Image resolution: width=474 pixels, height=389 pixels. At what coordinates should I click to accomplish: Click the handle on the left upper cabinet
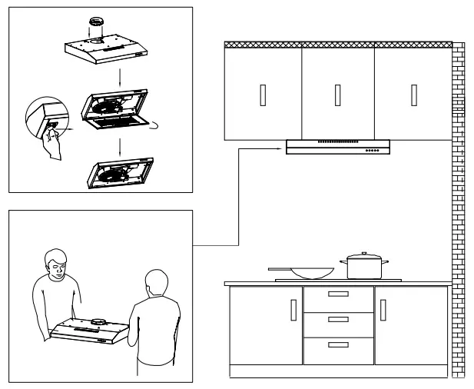tap(263, 93)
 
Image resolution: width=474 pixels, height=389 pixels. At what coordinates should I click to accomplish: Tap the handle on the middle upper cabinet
tap(337, 93)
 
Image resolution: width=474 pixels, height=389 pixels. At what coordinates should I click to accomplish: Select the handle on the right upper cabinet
tap(413, 93)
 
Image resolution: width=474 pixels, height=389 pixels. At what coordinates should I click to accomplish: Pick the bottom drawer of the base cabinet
tap(338, 347)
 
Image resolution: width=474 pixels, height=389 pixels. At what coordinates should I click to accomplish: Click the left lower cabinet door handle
tap(292, 310)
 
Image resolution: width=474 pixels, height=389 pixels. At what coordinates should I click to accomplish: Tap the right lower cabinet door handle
tap(383, 310)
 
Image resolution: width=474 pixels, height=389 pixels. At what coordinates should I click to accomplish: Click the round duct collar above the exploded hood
tap(97, 24)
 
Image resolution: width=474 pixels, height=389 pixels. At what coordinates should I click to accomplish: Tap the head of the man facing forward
tap(55, 262)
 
